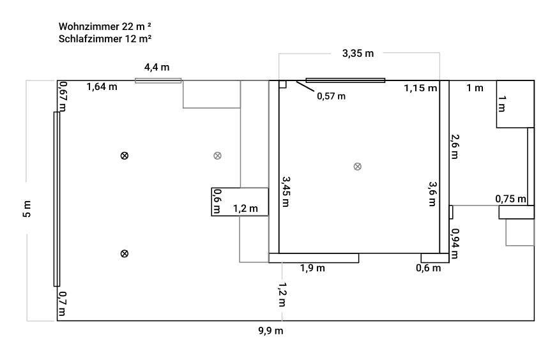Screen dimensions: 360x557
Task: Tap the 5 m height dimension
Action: coord(27,208)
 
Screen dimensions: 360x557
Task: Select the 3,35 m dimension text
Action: coord(358,54)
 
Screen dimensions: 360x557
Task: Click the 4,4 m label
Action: coord(156,67)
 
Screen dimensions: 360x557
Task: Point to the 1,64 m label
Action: coord(102,86)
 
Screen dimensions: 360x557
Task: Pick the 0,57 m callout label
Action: coord(331,96)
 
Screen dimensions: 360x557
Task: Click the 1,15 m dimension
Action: coord(420,88)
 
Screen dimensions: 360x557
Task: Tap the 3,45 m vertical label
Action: coord(286,191)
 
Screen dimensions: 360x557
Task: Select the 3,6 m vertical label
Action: coord(432,194)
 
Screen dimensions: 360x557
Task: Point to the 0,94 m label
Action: coord(455,244)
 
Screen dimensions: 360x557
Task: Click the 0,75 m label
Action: coord(511,199)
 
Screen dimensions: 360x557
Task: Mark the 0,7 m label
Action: coord(62,304)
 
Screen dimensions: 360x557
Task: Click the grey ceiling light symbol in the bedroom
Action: coord(358,167)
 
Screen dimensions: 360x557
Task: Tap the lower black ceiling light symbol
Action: coord(125,253)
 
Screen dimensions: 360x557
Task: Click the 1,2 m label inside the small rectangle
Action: coord(245,208)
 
